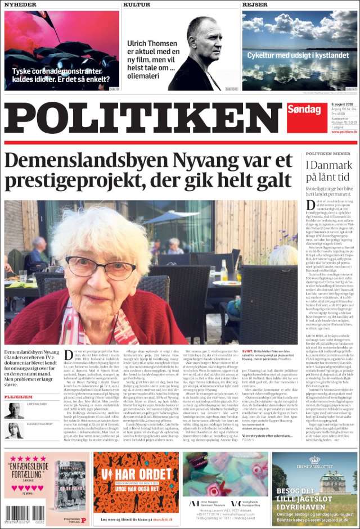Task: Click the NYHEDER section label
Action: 20,4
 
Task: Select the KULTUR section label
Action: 137,4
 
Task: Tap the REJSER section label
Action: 255,4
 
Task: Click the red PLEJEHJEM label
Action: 18,397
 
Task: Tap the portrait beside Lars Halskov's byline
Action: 13,410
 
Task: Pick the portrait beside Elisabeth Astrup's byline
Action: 13,430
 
